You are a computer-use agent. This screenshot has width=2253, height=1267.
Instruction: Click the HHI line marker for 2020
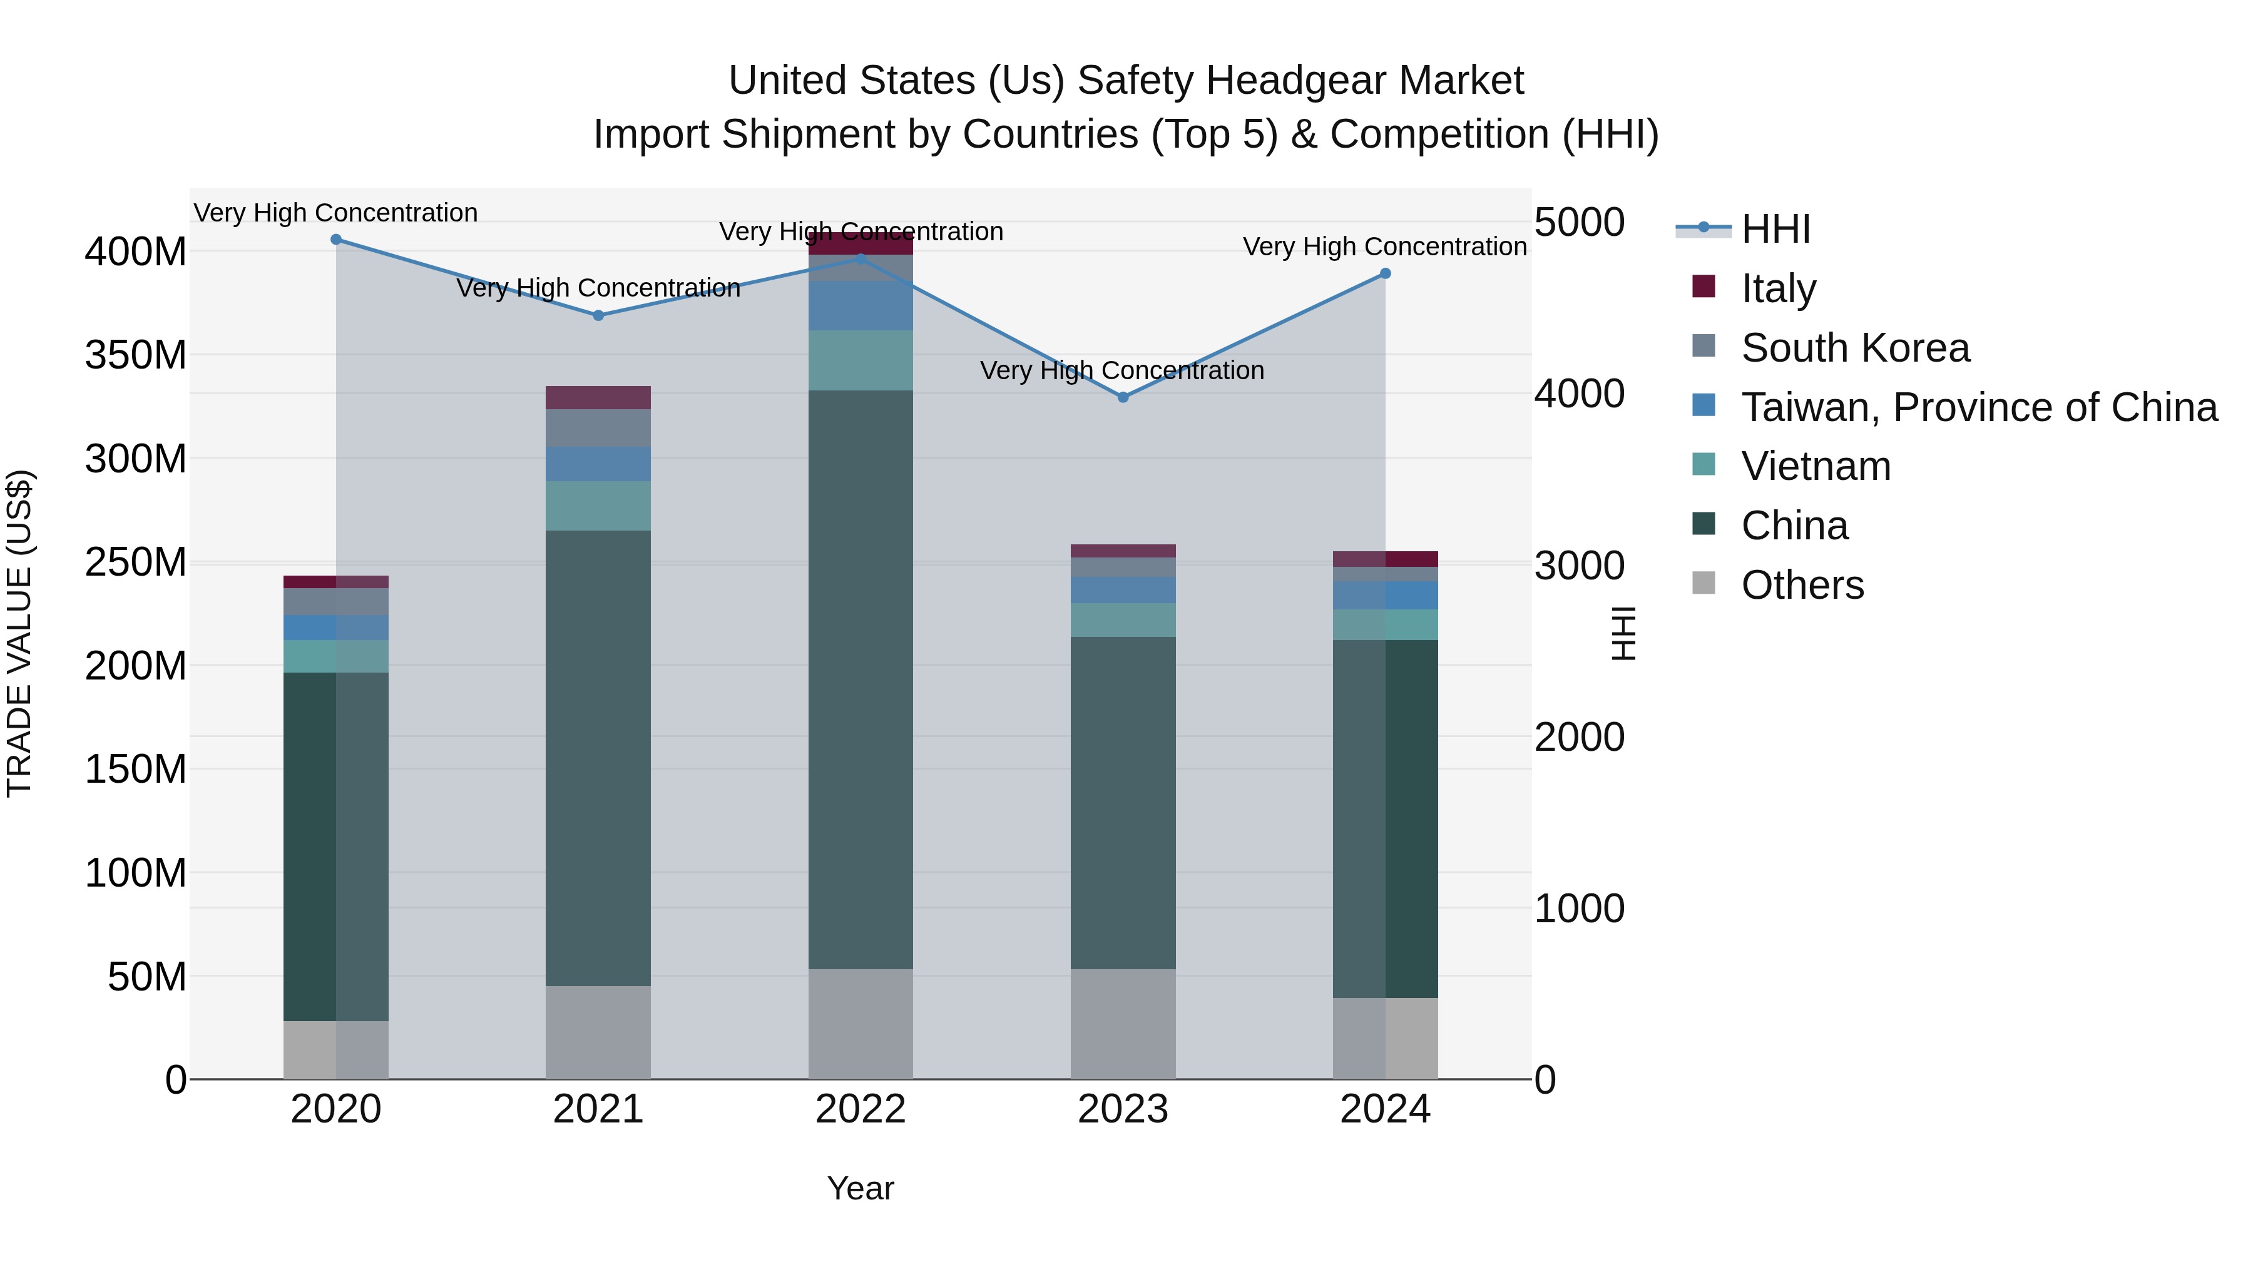(x=336, y=240)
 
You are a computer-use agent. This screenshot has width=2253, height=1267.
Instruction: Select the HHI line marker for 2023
(x=1123, y=397)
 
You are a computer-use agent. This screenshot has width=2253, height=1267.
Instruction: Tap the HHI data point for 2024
(x=1386, y=273)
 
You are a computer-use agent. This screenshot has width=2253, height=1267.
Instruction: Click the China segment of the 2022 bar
(x=861, y=679)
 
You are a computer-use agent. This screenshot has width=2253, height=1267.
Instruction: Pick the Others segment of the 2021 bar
(x=598, y=1032)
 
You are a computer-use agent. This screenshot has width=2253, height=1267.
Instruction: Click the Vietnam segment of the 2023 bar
(x=1123, y=620)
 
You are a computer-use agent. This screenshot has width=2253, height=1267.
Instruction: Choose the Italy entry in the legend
(x=1778, y=288)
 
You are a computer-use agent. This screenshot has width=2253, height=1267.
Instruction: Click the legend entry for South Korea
(x=1854, y=348)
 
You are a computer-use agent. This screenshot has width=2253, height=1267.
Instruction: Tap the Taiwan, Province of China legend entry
(x=1978, y=407)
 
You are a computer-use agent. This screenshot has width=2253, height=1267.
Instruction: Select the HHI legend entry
(x=1775, y=229)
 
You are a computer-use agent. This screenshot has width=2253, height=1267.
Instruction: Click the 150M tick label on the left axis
(x=136, y=770)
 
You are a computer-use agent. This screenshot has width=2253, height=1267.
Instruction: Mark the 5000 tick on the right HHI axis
(x=1580, y=222)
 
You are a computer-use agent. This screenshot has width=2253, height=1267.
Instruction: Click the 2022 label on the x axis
(x=861, y=1109)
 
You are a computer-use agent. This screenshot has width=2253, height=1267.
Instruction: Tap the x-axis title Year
(x=861, y=1188)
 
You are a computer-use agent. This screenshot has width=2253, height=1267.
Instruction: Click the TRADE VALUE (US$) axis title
(x=19, y=633)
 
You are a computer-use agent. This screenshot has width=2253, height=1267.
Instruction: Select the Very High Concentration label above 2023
(x=1122, y=371)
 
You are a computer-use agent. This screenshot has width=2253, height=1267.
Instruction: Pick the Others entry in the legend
(x=1802, y=585)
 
